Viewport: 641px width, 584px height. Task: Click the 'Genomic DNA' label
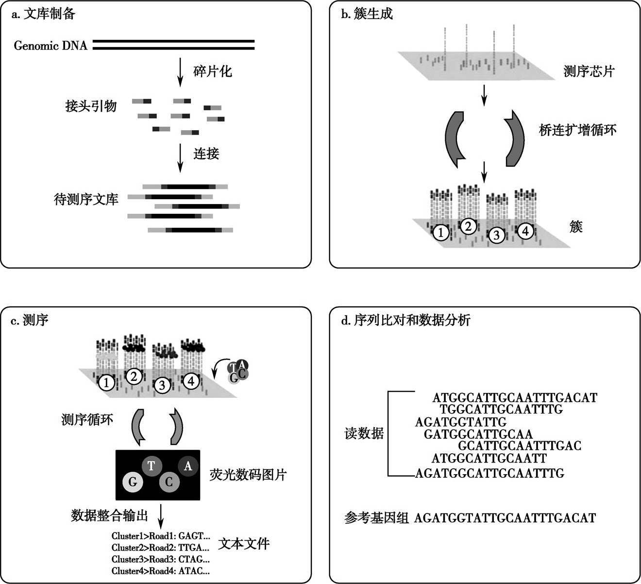(x=51, y=45)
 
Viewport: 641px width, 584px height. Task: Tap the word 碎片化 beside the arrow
(x=213, y=71)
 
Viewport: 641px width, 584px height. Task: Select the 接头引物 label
(x=91, y=106)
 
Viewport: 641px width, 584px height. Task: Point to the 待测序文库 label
(x=86, y=199)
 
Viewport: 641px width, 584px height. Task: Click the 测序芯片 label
(x=589, y=71)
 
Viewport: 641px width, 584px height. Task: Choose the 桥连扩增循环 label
(x=578, y=130)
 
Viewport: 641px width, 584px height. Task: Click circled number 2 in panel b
(x=468, y=226)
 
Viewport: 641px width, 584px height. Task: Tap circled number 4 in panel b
(x=525, y=231)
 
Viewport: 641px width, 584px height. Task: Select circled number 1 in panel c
(x=106, y=383)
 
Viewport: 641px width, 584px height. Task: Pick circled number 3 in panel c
(x=162, y=385)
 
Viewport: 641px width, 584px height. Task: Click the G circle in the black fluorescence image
(x=133, y=481)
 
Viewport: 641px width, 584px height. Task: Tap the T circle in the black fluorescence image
(x=152, y=465)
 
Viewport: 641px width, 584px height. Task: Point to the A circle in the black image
(x=188, y=466)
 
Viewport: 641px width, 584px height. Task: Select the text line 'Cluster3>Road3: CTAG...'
(x=160, y=559)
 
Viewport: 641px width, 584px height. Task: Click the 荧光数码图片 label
(x=248, y=475)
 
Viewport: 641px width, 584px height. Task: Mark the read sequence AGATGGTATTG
(x=461, y=422)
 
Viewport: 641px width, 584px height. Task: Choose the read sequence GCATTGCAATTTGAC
(x=520, y=446)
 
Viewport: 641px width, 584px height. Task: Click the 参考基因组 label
(x=376, y=518)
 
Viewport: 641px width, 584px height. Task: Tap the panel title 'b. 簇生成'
(x=367, y=14)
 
